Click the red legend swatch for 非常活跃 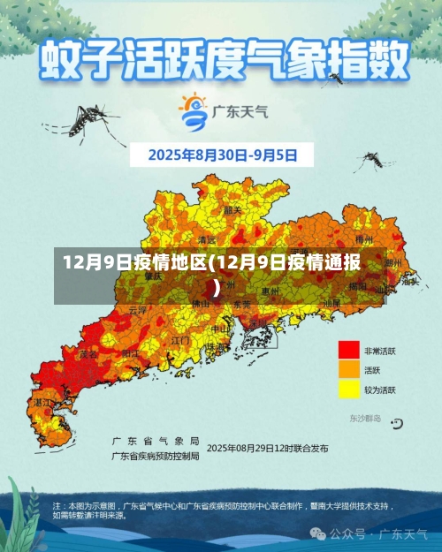pyautogui.click(x=349, y=350)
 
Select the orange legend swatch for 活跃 pyautogui.click(x=349, y=369)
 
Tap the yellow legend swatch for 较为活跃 pyautogui.click(x=349, y=389)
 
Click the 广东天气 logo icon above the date pyautogui.click(x=193, y=110)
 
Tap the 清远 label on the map pyautogui.click(x=207, y=239)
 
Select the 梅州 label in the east pyautogui.click(x=364, y=238)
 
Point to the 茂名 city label pyautogui.click(x=88, y=353)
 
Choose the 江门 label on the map pyautogui.click(x=180, y=339)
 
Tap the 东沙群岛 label pyautogui.click(x=364, y=418)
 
